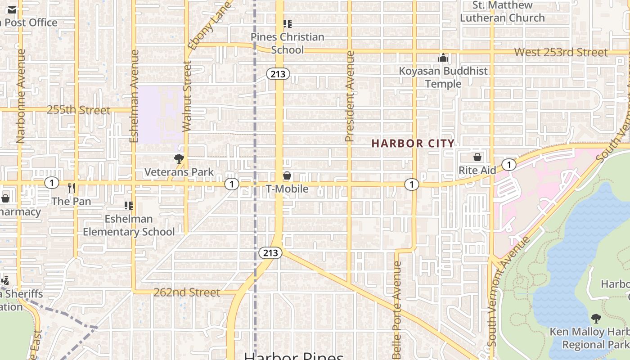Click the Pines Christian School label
click(x=287, y=43)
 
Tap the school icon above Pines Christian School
click(x=287, y=23)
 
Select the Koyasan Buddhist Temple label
click(x=443, y=77)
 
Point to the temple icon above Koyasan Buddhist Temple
click(x=443, y=58)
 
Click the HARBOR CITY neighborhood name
click(x=413, y=144)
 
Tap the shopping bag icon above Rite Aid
click(x=477, y=157)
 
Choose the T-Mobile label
click(x=287, y=189)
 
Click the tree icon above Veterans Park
click(x=179, y=158)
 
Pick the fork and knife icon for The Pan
click(x=71, y=187)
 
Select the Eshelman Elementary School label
click(x=129, y=225)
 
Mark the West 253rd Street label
click(x=561, y=52)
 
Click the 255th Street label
click(x=78, y=110)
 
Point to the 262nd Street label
click(x=187, y=292)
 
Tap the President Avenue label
click(x=350, y=97)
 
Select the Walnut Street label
click(x=187, y=96)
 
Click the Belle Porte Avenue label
click(x=396, y=310)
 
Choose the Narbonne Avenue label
click(x=20, y=96)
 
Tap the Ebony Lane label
click(x=210, y=25)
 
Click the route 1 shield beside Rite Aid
click(x=508, y=165)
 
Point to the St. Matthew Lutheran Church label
click(x=502, y=12)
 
